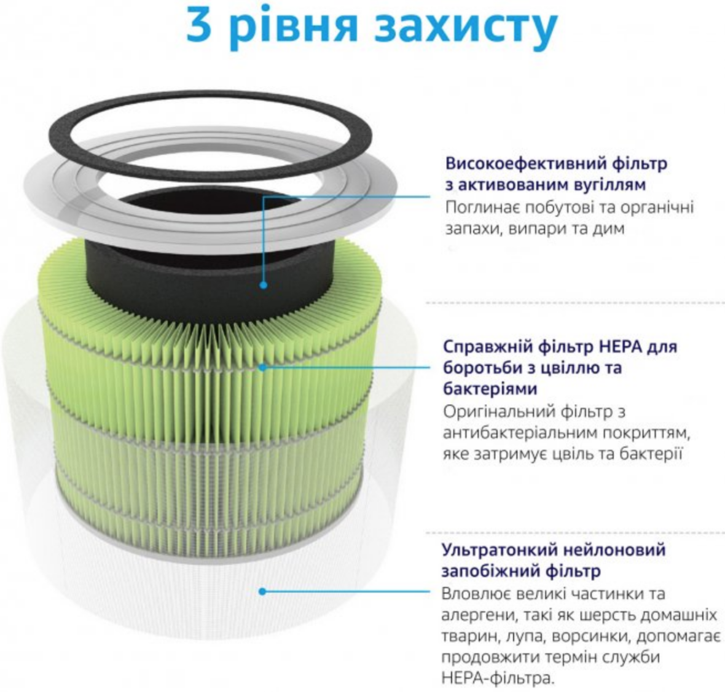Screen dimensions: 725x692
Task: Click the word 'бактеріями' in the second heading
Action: tap(490, 389)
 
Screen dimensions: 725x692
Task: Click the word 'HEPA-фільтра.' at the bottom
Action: tap(498, 678)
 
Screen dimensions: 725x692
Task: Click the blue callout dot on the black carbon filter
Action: tap(263, 285)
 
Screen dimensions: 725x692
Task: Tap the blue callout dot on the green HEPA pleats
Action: tap(262, 367)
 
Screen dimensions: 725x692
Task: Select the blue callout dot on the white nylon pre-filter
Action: tap(262, 591)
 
